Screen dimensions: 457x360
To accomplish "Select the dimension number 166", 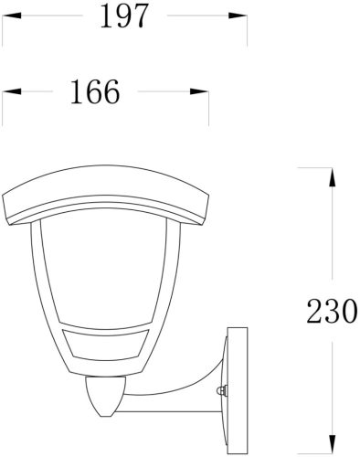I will tap(93, 92).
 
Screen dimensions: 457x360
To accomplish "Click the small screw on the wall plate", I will tap(222, 391).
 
